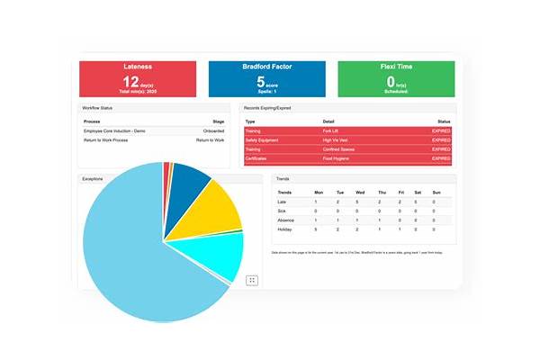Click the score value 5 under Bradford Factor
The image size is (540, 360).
258,83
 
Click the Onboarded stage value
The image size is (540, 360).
212,131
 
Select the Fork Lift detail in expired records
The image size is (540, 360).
331,131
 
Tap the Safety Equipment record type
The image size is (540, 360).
262,140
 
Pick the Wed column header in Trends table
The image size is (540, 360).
359,192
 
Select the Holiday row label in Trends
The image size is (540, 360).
285,229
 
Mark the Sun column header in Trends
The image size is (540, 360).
436,192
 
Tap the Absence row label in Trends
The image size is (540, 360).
286,220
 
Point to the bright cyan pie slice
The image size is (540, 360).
220,256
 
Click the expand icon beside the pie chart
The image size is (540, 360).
252,280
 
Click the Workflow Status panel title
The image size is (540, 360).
97,107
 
